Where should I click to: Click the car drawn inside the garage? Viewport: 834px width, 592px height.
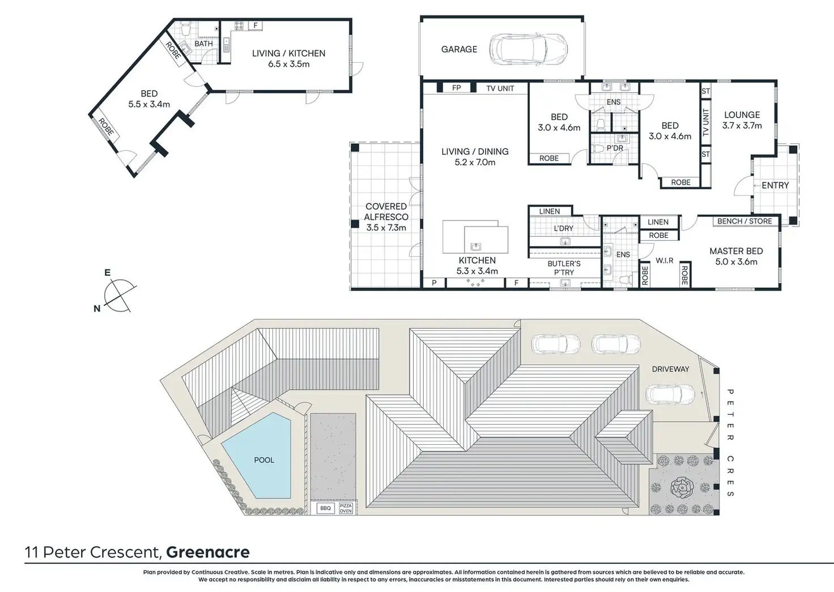(x=529, y=49)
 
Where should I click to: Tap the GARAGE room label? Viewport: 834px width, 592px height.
(x=459, y=49)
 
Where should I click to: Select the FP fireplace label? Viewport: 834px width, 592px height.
(x=457, y=88)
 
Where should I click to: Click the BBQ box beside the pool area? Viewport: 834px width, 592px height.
(x=325, y=508)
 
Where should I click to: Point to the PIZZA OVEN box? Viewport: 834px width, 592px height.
(x=346, y=508)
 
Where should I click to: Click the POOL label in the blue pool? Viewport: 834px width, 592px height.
(x=264, y=460)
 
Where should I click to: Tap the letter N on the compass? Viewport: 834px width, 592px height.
(x=97, y=309)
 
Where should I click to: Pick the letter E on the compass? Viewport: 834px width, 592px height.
(x=107, y=273)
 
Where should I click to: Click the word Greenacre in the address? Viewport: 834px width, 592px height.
(x=208, y=552)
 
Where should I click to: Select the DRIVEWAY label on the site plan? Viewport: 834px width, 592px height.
(x=670, y=369)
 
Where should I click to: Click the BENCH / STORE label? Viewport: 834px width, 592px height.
(x=744, y=221)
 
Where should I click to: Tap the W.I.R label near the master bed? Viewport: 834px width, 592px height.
(x=665, y=261)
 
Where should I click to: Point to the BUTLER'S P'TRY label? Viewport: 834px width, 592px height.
(x=564, y=268)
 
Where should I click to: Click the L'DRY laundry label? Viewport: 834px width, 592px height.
(x=564, y=228)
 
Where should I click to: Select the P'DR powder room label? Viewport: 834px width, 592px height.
(x=615, y=148)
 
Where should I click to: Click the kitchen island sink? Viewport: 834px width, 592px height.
(x=475, y=246)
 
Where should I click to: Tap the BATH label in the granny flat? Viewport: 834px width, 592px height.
(x=203, y=44)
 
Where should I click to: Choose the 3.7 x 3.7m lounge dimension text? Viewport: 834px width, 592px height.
(x=742, y=126)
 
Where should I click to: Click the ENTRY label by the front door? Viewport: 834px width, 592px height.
(x=775, y=185)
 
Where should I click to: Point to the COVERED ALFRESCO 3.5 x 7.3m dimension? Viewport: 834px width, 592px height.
(x=386, y=228)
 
